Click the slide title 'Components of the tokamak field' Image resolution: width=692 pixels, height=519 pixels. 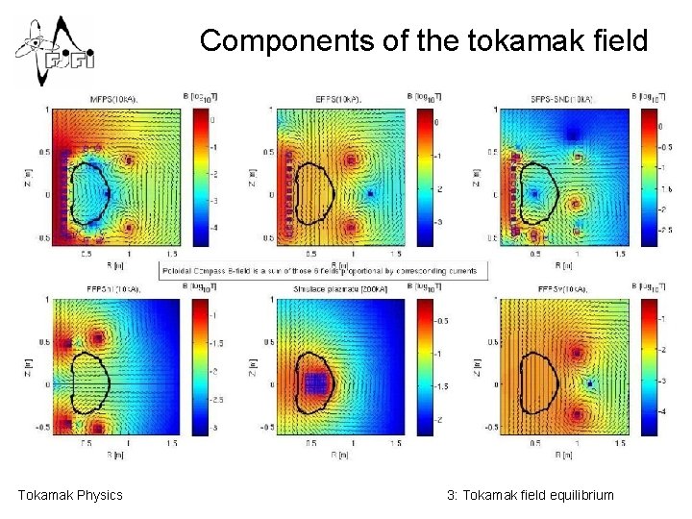click(x=424, y=41)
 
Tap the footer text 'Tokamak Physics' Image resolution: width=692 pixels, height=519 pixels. click(x=70, y=495)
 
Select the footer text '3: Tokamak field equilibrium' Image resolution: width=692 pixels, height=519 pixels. click(x=530, y=495)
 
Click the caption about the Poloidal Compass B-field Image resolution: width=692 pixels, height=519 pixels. click(x=325, y=272)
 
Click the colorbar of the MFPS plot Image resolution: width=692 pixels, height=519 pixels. click(x=200, y=173)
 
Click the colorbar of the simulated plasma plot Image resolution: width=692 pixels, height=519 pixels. click(x=421, y=366)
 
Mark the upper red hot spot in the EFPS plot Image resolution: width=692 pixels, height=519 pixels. click(x=353, y=160)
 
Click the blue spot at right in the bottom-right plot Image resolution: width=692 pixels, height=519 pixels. click(x=594, y=383)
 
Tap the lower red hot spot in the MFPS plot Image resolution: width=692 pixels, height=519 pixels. click(x=128, y=229)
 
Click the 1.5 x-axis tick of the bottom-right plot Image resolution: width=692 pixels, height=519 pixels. click(x=620, y=443)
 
